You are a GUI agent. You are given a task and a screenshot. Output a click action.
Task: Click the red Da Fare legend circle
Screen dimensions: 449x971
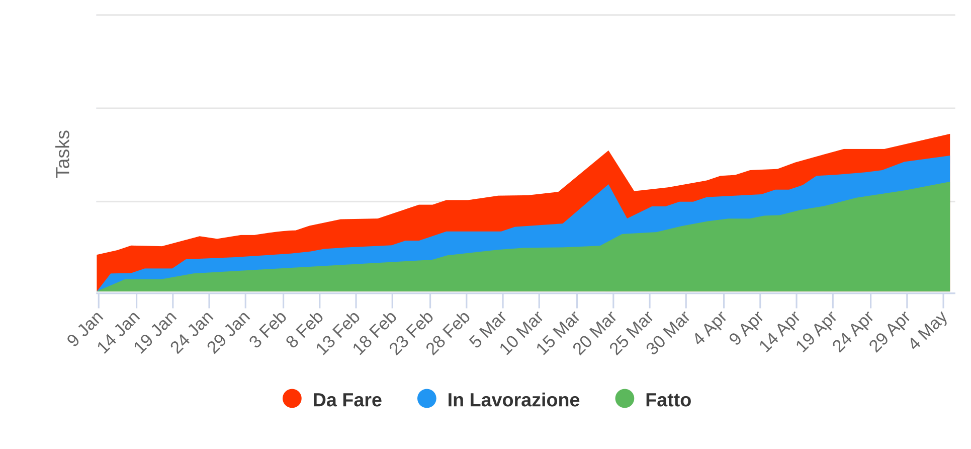tap(292, 399)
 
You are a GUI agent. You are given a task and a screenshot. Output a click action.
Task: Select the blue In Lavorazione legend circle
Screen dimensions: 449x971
tap(427, 399)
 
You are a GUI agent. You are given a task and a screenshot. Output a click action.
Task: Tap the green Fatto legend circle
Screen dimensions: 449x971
tap(625, 399)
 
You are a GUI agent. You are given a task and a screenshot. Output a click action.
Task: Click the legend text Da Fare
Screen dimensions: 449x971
tap(347, 400)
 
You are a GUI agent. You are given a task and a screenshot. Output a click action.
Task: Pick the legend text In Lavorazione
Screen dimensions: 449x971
tap(513, 400)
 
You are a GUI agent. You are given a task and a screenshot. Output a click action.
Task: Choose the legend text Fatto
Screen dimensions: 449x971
tap(668, 400)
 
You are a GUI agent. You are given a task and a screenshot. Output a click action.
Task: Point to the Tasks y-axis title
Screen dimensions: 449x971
tap(63, 154)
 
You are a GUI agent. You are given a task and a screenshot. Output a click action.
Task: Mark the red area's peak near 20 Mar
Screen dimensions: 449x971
tap(608, 151)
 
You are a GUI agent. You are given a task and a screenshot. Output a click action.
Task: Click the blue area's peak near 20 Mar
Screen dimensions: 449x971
tap(608, 185)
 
